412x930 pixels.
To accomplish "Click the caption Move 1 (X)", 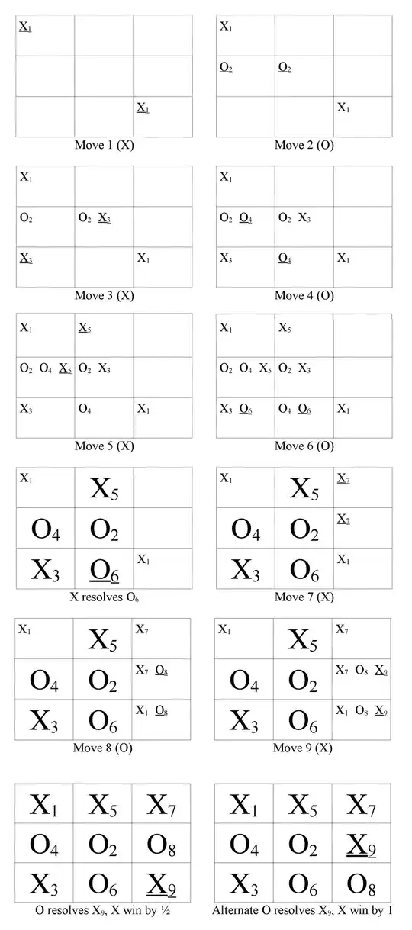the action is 104,145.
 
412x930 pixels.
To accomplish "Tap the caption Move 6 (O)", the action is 304,446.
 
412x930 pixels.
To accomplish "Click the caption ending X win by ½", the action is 103,910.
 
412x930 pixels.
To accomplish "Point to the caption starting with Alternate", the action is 304,910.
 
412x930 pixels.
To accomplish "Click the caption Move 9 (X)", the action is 303,748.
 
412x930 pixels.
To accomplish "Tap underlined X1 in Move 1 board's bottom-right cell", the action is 143,108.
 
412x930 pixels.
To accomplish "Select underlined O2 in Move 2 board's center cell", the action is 285,68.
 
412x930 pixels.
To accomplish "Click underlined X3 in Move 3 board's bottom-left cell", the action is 26,259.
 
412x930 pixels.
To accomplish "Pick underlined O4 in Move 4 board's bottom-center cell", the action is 285,259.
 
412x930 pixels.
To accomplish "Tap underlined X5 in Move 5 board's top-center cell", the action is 85,328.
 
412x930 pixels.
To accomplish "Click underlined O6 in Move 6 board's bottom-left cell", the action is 246,409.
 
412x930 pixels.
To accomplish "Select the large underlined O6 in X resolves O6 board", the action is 104,569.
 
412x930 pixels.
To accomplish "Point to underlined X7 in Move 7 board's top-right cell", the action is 343,478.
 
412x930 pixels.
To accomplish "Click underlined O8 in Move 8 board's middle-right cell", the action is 162,671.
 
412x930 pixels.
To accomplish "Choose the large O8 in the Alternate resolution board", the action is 362,883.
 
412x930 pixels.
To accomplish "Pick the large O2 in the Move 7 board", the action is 304,529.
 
